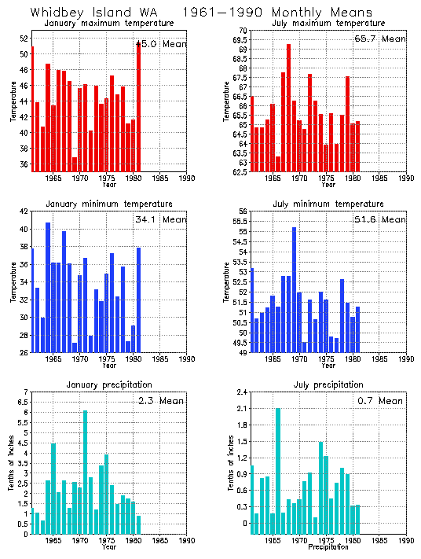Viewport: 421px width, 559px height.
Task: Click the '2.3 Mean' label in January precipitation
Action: click(162, 400)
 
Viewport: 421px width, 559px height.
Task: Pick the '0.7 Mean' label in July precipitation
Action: click(380, 400)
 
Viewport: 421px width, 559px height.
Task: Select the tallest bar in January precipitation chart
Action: click(85, 472)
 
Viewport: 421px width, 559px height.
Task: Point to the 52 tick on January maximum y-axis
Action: click(23, 38)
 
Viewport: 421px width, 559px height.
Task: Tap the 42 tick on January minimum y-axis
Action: click(23, 211)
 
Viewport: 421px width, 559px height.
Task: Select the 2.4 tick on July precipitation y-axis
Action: click(240, 392)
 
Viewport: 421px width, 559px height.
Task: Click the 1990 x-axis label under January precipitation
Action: click(187, 541)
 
